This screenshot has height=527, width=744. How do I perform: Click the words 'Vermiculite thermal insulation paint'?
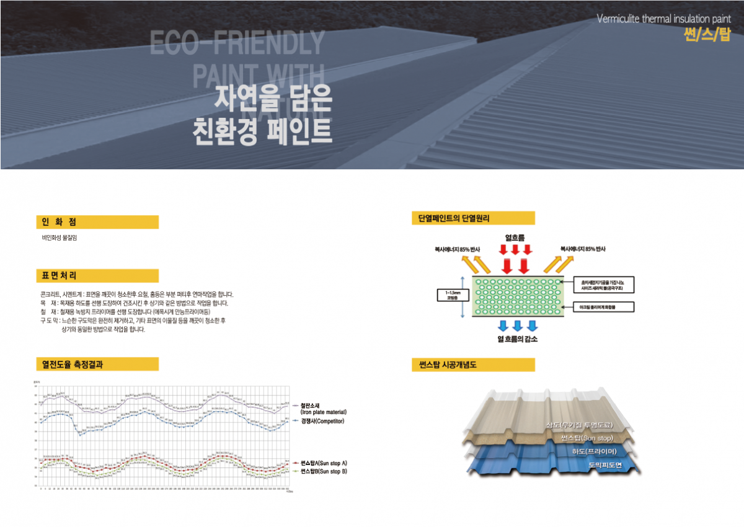point(663,18)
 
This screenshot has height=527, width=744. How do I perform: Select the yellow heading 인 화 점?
point(55,222)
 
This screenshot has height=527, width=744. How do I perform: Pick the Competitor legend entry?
point(322,422)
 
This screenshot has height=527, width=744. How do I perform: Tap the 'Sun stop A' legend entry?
point(323,463)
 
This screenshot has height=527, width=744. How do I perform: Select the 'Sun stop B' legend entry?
point(323,472)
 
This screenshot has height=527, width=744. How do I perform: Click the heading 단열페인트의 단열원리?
point(455,218)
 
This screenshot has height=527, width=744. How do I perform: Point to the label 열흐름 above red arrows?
point(515,237)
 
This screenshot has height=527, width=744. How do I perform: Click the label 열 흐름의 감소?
point(517,339)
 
